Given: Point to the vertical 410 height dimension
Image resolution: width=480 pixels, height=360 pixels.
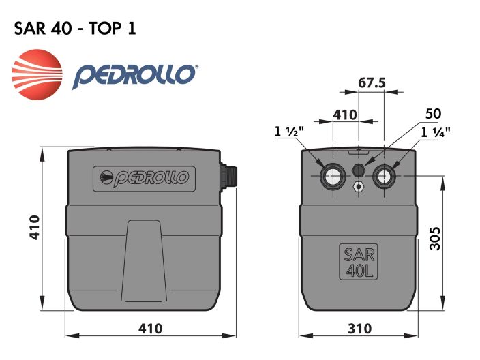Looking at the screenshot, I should pyautogui.click(x=34, y=227).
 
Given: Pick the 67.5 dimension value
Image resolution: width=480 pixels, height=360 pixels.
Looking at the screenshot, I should pyautogui.click(x=372, y=82).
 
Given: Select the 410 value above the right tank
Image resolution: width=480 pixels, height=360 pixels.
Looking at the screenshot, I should pyautogui.click(x=345, y=114).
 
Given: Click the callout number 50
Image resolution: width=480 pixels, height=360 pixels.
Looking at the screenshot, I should pyautogui.click(x=433, y=113).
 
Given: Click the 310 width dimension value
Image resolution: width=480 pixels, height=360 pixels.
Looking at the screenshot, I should pyautogui.click(x=359, y=329).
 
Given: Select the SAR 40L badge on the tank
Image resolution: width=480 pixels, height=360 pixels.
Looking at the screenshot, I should pyautogui.click(x=359, y=262).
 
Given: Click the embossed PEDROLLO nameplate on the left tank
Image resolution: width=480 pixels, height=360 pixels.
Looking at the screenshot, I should pyautogui.click(x=144, y=179).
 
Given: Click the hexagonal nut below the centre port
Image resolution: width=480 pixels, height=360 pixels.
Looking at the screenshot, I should pyautogui.click(x=359, y=186).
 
